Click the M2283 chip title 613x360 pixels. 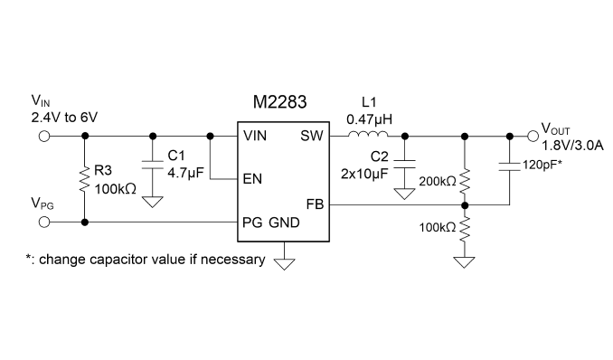coord(279,102)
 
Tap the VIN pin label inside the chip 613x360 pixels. coord(255,136)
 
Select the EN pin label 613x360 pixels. coord(252,179)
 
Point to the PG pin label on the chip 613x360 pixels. coord(252,223)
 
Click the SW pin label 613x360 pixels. coord(312,136)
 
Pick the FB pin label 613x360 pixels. coord(316,204)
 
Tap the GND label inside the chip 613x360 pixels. coord(284,223)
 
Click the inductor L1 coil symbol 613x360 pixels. coord(368,134)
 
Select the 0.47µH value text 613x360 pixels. coord(369,119)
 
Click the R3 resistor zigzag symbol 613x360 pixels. coord(84,180)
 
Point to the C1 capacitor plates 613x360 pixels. coord(153,165)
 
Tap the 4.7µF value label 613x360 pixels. coord(185,173)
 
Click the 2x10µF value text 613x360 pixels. coord(364,174)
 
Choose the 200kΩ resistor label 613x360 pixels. coord(438,181)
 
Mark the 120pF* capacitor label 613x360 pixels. coord(542,165)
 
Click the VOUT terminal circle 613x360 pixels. coord(533,137)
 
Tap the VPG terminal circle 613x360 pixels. coord(44,223)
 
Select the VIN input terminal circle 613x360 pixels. coord(44,137)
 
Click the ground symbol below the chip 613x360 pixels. coord(284,264)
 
